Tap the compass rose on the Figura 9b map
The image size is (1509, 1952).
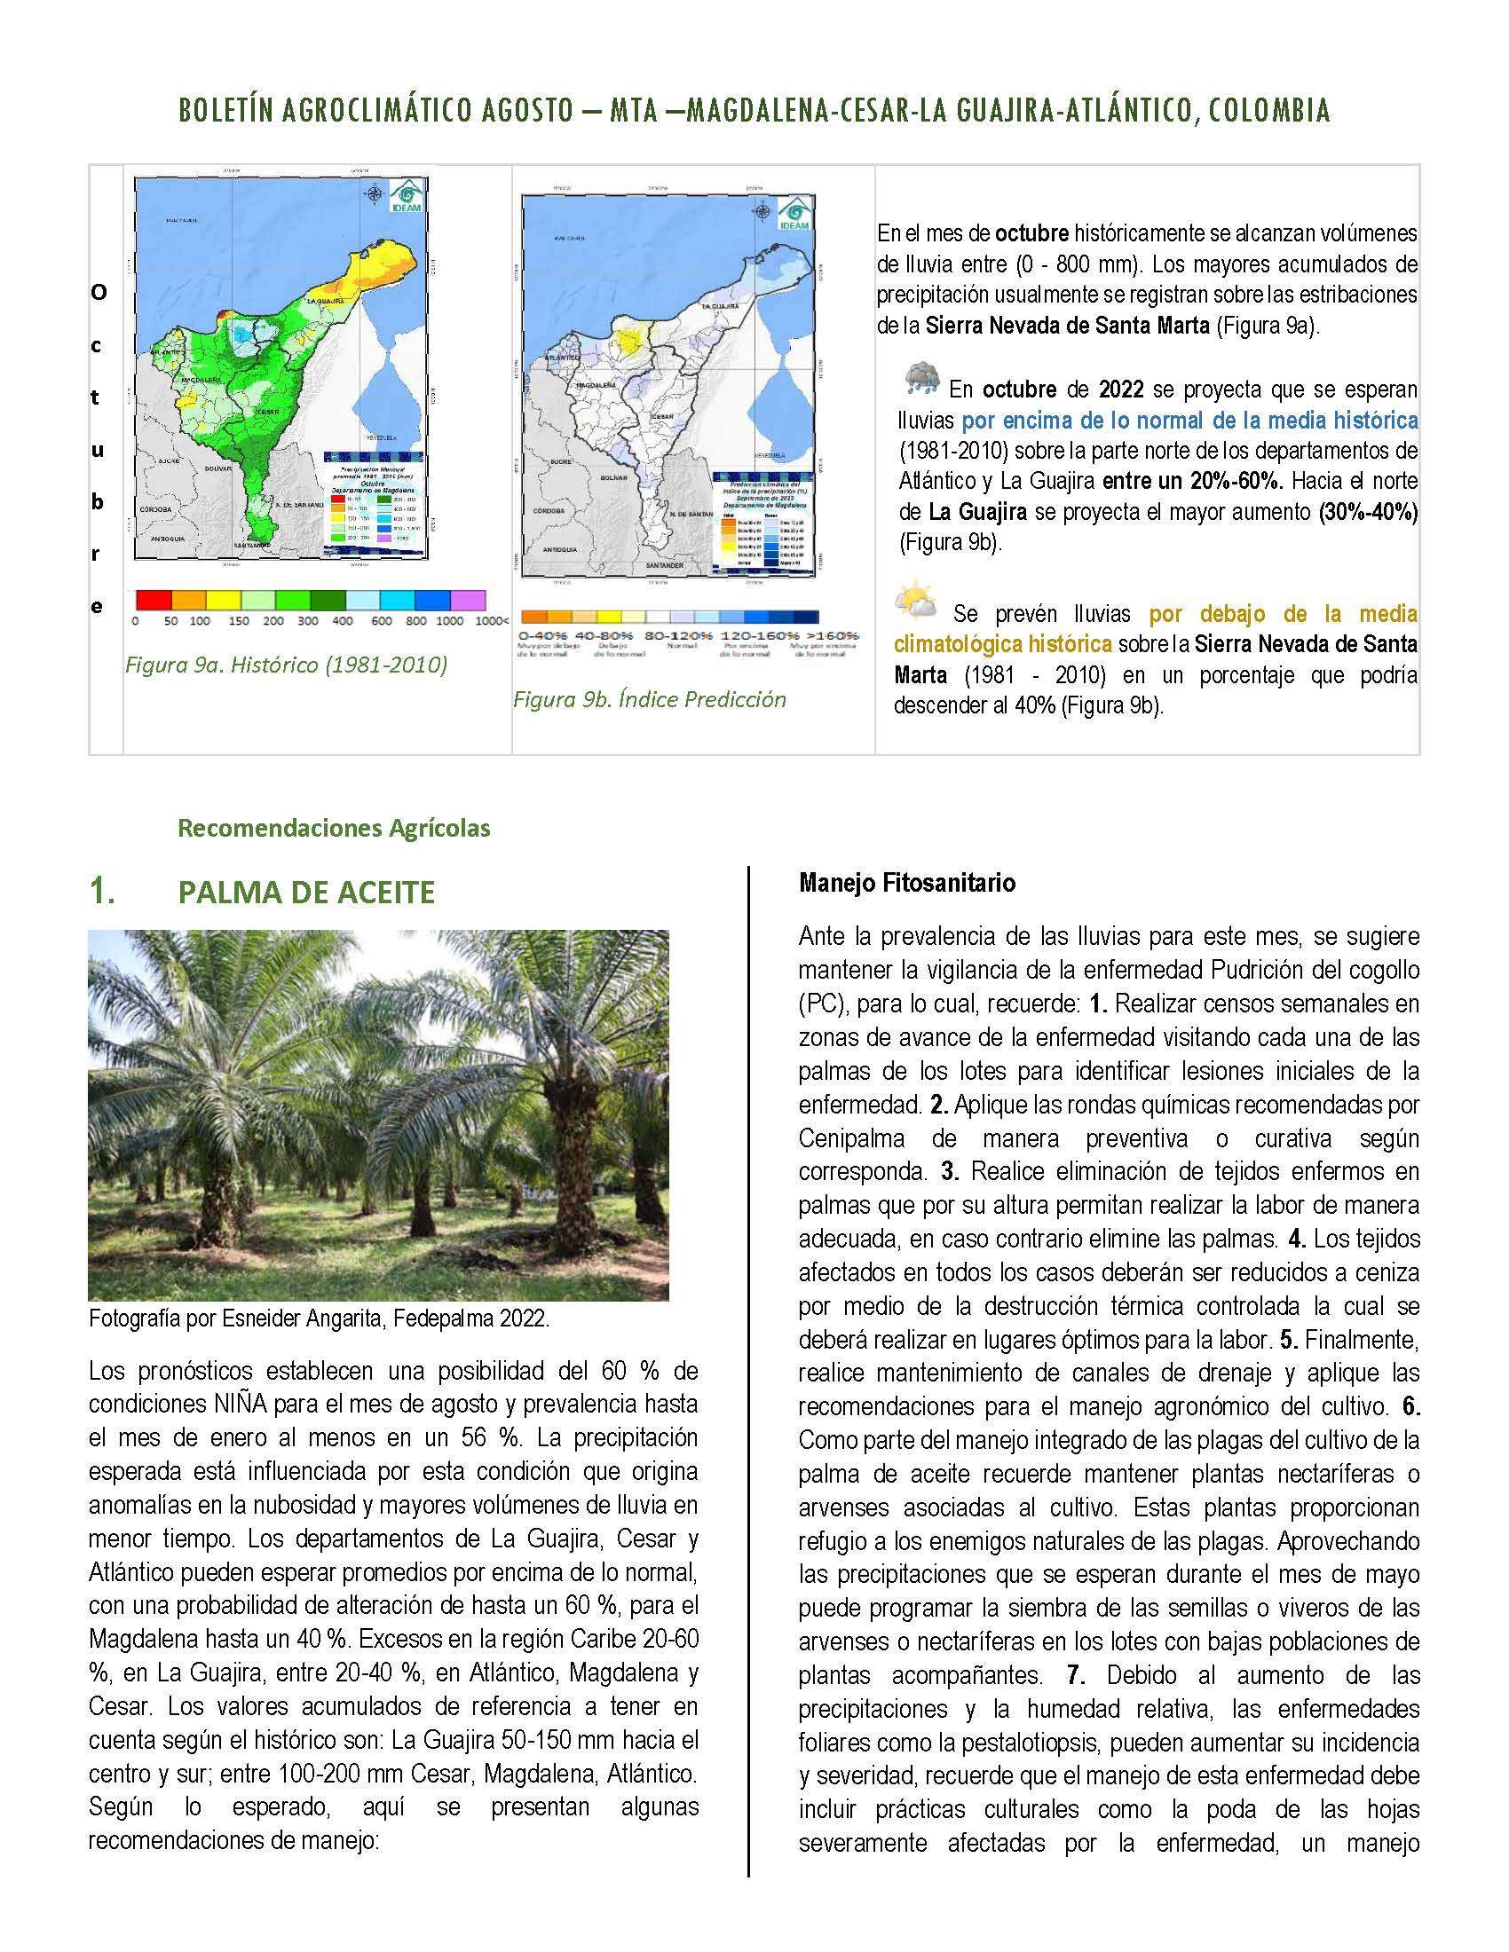(762, 212)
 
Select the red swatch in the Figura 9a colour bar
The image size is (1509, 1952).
(150, 599)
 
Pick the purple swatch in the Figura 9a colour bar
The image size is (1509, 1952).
(468, 599)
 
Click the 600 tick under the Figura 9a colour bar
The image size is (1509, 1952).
(381, 620)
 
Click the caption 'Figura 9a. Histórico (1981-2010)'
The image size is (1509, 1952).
(285, 665)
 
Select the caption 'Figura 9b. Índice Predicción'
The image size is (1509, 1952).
(649, 699)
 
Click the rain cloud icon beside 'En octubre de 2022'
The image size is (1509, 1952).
(920, 379)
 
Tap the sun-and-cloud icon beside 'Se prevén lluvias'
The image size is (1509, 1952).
(917, 602)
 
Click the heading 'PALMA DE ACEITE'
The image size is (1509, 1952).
(305, 892)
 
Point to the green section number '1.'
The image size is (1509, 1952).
(101, 892)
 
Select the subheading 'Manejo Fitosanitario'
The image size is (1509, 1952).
(906, 883)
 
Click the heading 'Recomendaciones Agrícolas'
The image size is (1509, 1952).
(334, 828)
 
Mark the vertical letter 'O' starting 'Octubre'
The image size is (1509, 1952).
(98, 293)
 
